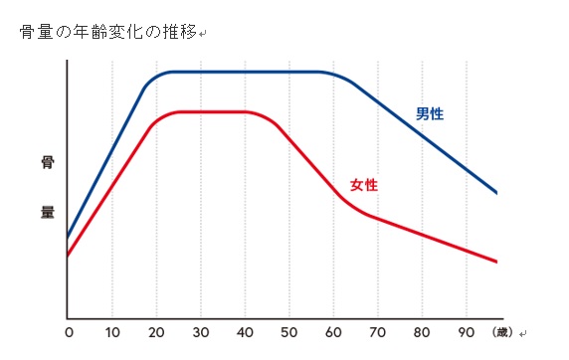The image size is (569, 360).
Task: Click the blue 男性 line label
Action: (x=430, y=114)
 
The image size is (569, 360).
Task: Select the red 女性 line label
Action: (x=365, y=185)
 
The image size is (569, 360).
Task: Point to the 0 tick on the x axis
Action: (x=69, y=332)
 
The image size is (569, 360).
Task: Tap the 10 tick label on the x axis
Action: (x=112, y=332)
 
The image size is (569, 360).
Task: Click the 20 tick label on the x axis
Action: (x=156, y=332)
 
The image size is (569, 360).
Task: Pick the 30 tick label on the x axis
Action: (x=201, y=332)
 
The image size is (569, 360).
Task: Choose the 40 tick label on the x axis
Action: (x=245, y=332)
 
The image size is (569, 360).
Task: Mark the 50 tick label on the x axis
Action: (x=289, y=332)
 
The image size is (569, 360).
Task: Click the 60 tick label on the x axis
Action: (x=333, y=332)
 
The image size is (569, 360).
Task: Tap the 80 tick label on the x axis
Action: (x=422, y=332)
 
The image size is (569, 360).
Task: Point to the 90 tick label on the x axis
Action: (x=466, y=332)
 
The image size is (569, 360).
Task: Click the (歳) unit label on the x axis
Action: (x=504, y=332)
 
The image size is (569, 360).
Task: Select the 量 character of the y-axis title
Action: (x=47, y=212)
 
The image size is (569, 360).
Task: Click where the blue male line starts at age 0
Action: (x=68, y=238)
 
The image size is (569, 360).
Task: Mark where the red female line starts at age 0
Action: (x=68, y=256)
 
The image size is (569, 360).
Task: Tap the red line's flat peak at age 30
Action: (x=201, y=111)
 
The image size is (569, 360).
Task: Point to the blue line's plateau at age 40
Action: (x=245, y=72)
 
